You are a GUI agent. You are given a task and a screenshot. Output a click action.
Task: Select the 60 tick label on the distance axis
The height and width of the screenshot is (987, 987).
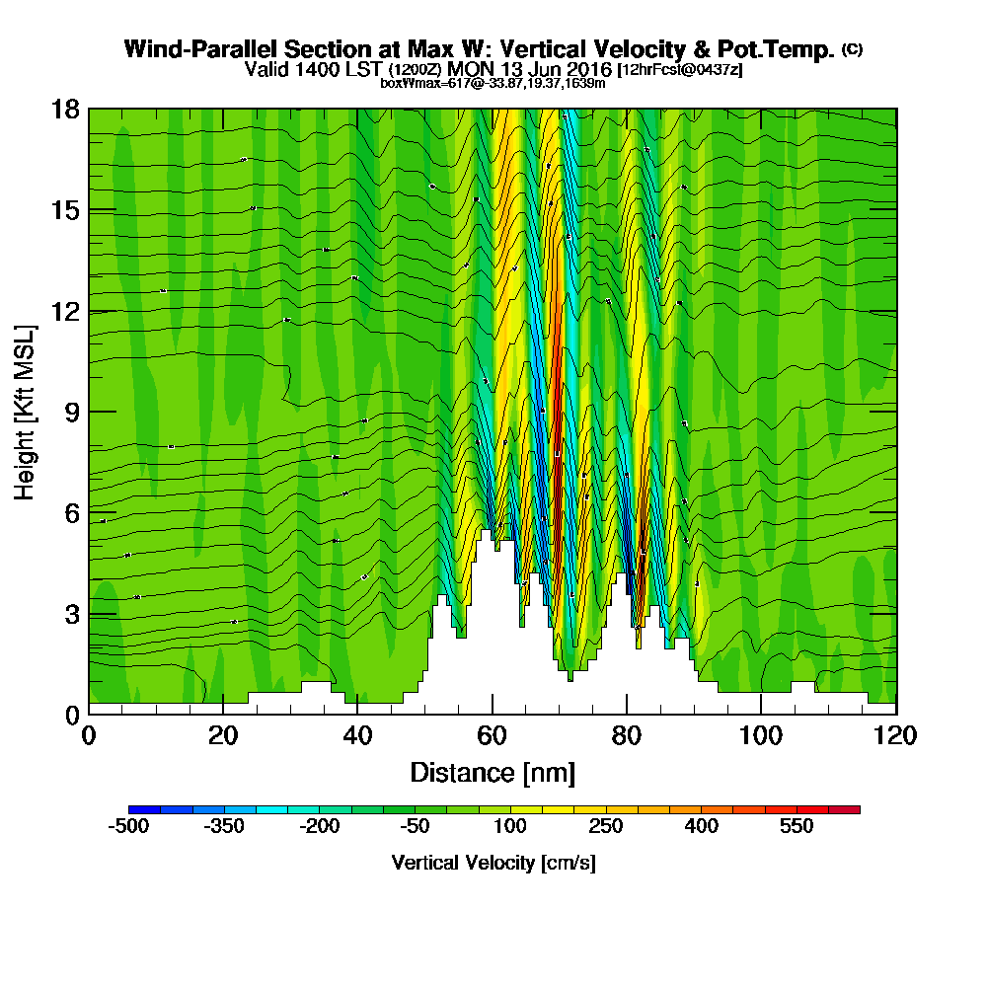click(x=493, y=736)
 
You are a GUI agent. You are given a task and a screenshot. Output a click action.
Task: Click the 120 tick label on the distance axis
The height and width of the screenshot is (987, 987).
click(x=895, y=736)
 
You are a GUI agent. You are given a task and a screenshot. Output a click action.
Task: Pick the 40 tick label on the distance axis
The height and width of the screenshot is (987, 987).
click(x=357, y=736)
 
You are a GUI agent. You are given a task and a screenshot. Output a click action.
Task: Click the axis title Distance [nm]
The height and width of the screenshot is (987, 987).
click(x=493, y=772)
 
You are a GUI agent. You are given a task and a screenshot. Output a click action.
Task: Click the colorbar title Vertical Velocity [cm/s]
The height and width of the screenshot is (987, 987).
click(x=493, y=863)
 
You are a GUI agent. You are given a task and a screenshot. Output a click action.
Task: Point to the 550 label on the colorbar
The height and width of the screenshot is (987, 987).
click(x=796, y=826)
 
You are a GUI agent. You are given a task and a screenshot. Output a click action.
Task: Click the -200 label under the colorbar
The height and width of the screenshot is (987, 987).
click(x=320, y=826)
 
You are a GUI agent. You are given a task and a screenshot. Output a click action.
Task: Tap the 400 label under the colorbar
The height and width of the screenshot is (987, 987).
click(x=702, y=826)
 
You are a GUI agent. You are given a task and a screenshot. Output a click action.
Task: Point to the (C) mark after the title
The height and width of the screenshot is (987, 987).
click(x=852, y=49)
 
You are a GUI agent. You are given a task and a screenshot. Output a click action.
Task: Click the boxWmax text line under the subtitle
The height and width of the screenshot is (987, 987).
click(x=493, y=83)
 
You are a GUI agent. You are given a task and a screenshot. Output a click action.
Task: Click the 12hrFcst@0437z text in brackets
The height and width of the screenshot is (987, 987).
click(x=680, y=70)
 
